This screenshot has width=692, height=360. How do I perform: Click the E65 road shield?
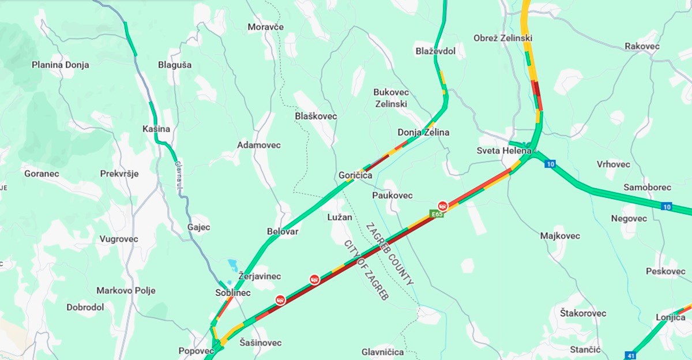[x=437, y=214]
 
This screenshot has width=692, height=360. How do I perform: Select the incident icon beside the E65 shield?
[x=443, y=205]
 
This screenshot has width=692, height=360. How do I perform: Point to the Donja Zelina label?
[x=423, y=133]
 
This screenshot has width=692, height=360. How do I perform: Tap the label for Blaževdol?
[x=435, y=51]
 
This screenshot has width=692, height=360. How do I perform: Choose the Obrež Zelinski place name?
[x=502, y=38]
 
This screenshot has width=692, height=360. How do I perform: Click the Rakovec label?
[x=642, y=46]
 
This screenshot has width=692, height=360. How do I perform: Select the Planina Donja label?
[x=61, y=65]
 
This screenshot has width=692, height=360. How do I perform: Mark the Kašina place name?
[x=156, y=129]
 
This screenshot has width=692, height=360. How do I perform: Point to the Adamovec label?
[x=259, y=145]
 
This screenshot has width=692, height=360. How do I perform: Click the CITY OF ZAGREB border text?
[x=367, y=269]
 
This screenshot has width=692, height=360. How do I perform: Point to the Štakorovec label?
[x=583, y=313]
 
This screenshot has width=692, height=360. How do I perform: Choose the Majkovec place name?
[x=560, y=236]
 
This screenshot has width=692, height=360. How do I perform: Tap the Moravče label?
[x=266, y=27]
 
